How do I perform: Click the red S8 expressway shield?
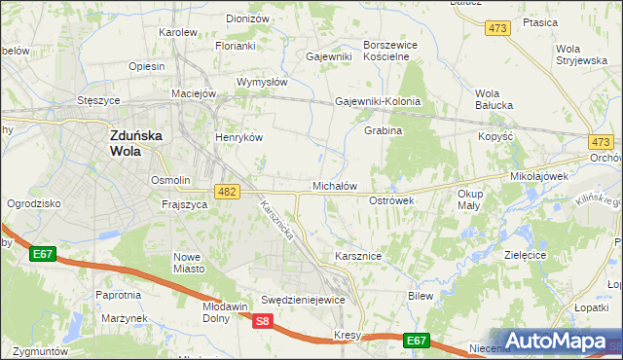(x=262, y=321)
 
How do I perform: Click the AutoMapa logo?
(x=559, y=342)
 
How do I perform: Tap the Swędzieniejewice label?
(x=304, y=300)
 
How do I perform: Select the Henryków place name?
(x=239, y=137)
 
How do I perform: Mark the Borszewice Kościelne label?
(x=390, y=51)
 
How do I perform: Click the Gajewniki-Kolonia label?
(x=378, y=101)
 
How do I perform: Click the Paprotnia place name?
(x=118, y=294)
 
